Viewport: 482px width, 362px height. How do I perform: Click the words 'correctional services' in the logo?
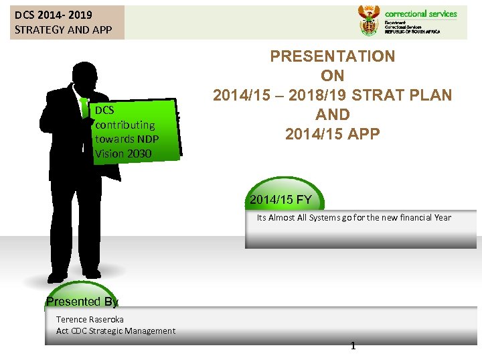(x=420, y=13)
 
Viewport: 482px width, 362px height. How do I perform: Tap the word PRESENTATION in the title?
(x=333, y=57)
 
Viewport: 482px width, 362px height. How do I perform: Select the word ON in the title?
(x=333, y=76)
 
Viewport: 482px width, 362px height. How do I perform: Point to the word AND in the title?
(x=333, y=115)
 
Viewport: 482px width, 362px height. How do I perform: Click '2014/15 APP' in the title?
(x=333, y=134)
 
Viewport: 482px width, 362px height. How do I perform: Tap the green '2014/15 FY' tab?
(x=280, y=200)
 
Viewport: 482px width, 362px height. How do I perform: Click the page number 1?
(x=353, y=346)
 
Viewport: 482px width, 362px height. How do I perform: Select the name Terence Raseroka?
(x=90, y=319)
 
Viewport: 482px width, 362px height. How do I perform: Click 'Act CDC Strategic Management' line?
(x=116, y=330)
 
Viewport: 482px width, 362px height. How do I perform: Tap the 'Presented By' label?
(x=82, y=302)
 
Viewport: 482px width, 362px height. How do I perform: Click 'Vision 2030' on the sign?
(x=123, y=154)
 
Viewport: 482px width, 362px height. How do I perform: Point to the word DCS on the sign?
(x=104, y=110)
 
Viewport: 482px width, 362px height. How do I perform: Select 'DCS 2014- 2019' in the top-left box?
(x=54, y=14)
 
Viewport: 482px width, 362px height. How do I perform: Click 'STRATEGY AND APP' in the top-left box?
(x=63, y=29)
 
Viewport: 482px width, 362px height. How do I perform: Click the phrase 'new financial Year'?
(x=414, y=217)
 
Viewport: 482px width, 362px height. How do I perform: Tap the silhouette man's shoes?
(x=74, y=275)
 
